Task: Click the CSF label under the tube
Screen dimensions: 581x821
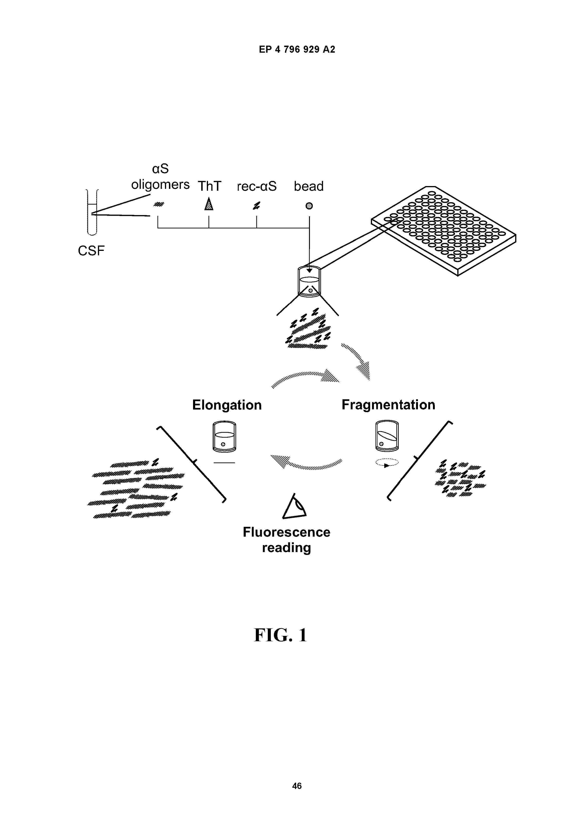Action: coord(91,251)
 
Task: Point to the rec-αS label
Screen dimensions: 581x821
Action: coord(257,186)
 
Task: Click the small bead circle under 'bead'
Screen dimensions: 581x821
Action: coord(309,206)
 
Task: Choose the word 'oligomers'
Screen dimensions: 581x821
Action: coord(160,185)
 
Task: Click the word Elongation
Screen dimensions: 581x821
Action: coord(227,405)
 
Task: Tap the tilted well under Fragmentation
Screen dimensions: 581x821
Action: coord(387,436)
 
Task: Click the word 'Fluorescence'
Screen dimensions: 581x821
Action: coord(286,532)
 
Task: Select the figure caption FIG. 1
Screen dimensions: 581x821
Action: coord(280,635)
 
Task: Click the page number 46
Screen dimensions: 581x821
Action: coord(297,786)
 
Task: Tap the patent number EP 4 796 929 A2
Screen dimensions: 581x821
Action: coord(297,49)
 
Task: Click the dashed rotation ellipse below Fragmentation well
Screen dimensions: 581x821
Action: coord(387,462)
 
